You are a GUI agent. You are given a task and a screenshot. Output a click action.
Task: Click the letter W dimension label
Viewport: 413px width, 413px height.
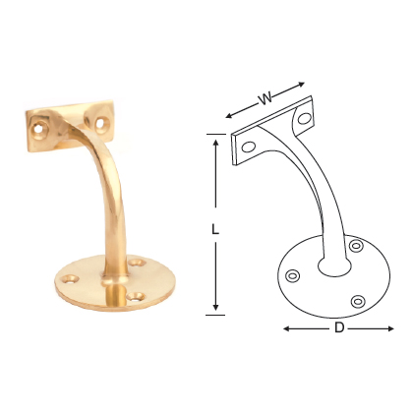click(265, 98)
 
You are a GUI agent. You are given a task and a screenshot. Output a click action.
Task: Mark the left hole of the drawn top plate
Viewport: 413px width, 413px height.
click(249, 147)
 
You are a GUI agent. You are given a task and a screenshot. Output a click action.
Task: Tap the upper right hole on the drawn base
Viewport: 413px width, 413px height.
click(356, 246)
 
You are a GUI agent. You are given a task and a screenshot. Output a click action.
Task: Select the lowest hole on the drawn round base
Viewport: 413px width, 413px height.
click(360, 299)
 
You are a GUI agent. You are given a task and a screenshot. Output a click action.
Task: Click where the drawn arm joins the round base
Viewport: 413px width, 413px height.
click(332, 264)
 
